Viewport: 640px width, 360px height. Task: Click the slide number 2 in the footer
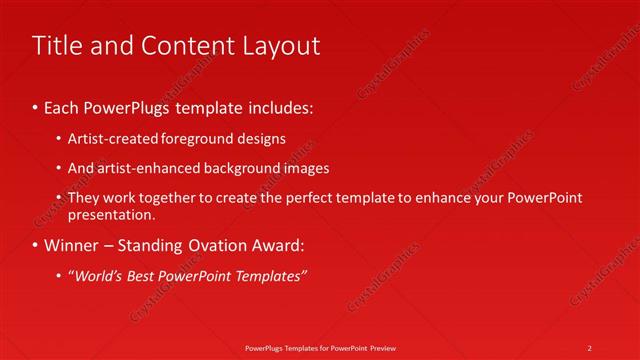point(589,347)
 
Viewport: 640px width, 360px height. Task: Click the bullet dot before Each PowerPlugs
point(36,105)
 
